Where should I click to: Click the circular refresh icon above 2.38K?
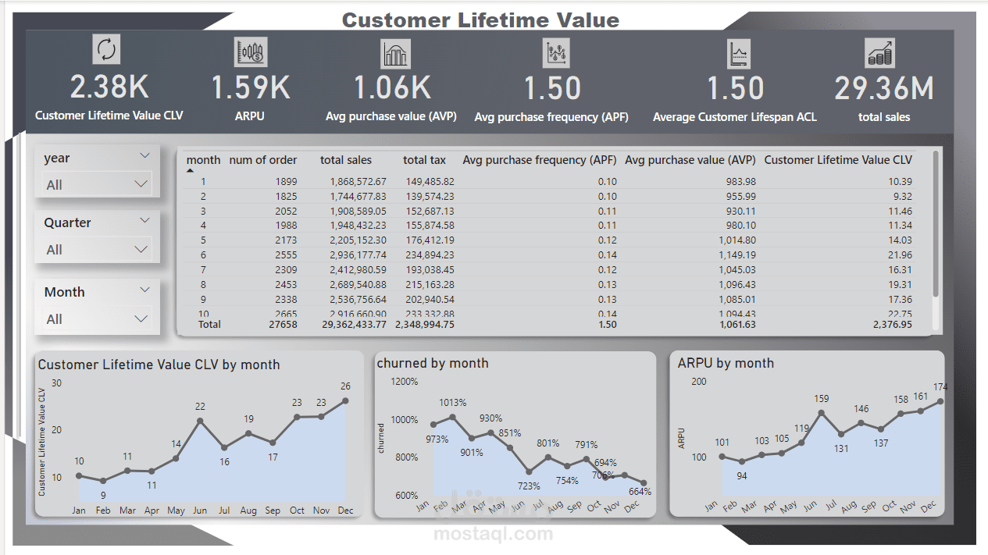pyautogui.click(x=107, y=50)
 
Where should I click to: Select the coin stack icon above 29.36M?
pyautogui.click(x=880, y=53)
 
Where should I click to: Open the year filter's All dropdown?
pyautogui.click(x=98, y=185)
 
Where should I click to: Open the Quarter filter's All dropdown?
pyautogui.click(x=98, y=250)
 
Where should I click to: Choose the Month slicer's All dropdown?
pyautogui.click(x=98, y=319)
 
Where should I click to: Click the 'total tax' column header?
pyautogui.click(x=424, y=160)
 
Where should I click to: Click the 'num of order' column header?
pyautogui.click(x=262, y=160)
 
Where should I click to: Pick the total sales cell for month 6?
pyautogui.click(x=353, y=255)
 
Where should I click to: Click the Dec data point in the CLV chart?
pyautogui.click(x=345, y=400)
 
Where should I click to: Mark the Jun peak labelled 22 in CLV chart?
pyautogui.click(x=200, y=421)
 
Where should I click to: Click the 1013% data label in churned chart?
pyautogui.click(x=452, y=403)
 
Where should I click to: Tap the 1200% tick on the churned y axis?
pyautogui.click(x=405, y=382)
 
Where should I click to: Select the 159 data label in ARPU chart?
pyautogui.click(x=821, y=399)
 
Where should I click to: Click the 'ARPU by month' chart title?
pyautogui.click(x=726, y=363)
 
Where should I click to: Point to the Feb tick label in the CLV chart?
pyautogui.click(x=103, y=511)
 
